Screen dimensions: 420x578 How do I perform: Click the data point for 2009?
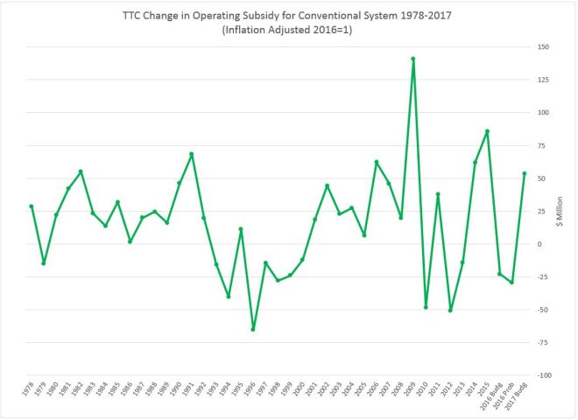[x=412, y=59]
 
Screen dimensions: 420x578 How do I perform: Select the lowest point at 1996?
[x=253, y=329]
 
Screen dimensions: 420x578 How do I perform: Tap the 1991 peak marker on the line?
[x=191, y=154]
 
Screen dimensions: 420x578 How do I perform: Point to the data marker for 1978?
[x=31, y=206]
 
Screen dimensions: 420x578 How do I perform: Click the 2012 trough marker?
[x=450, y=310]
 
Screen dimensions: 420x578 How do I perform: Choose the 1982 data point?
[x=81, y=171]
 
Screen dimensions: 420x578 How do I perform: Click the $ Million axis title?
[x=567, y=212]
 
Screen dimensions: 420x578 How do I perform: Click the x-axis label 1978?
[x=29, y=391]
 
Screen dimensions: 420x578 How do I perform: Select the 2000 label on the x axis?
[x=300, y=391]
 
